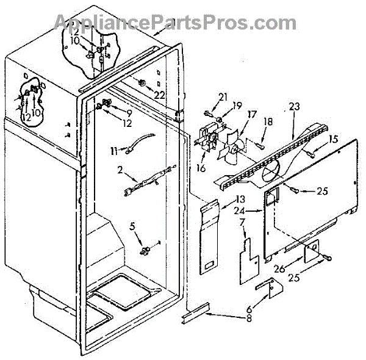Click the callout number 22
coord(159,95)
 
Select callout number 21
coord(223,97)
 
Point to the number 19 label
coord(237,105)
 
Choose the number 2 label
coord(120,170)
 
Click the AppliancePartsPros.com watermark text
coord(175,22)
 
